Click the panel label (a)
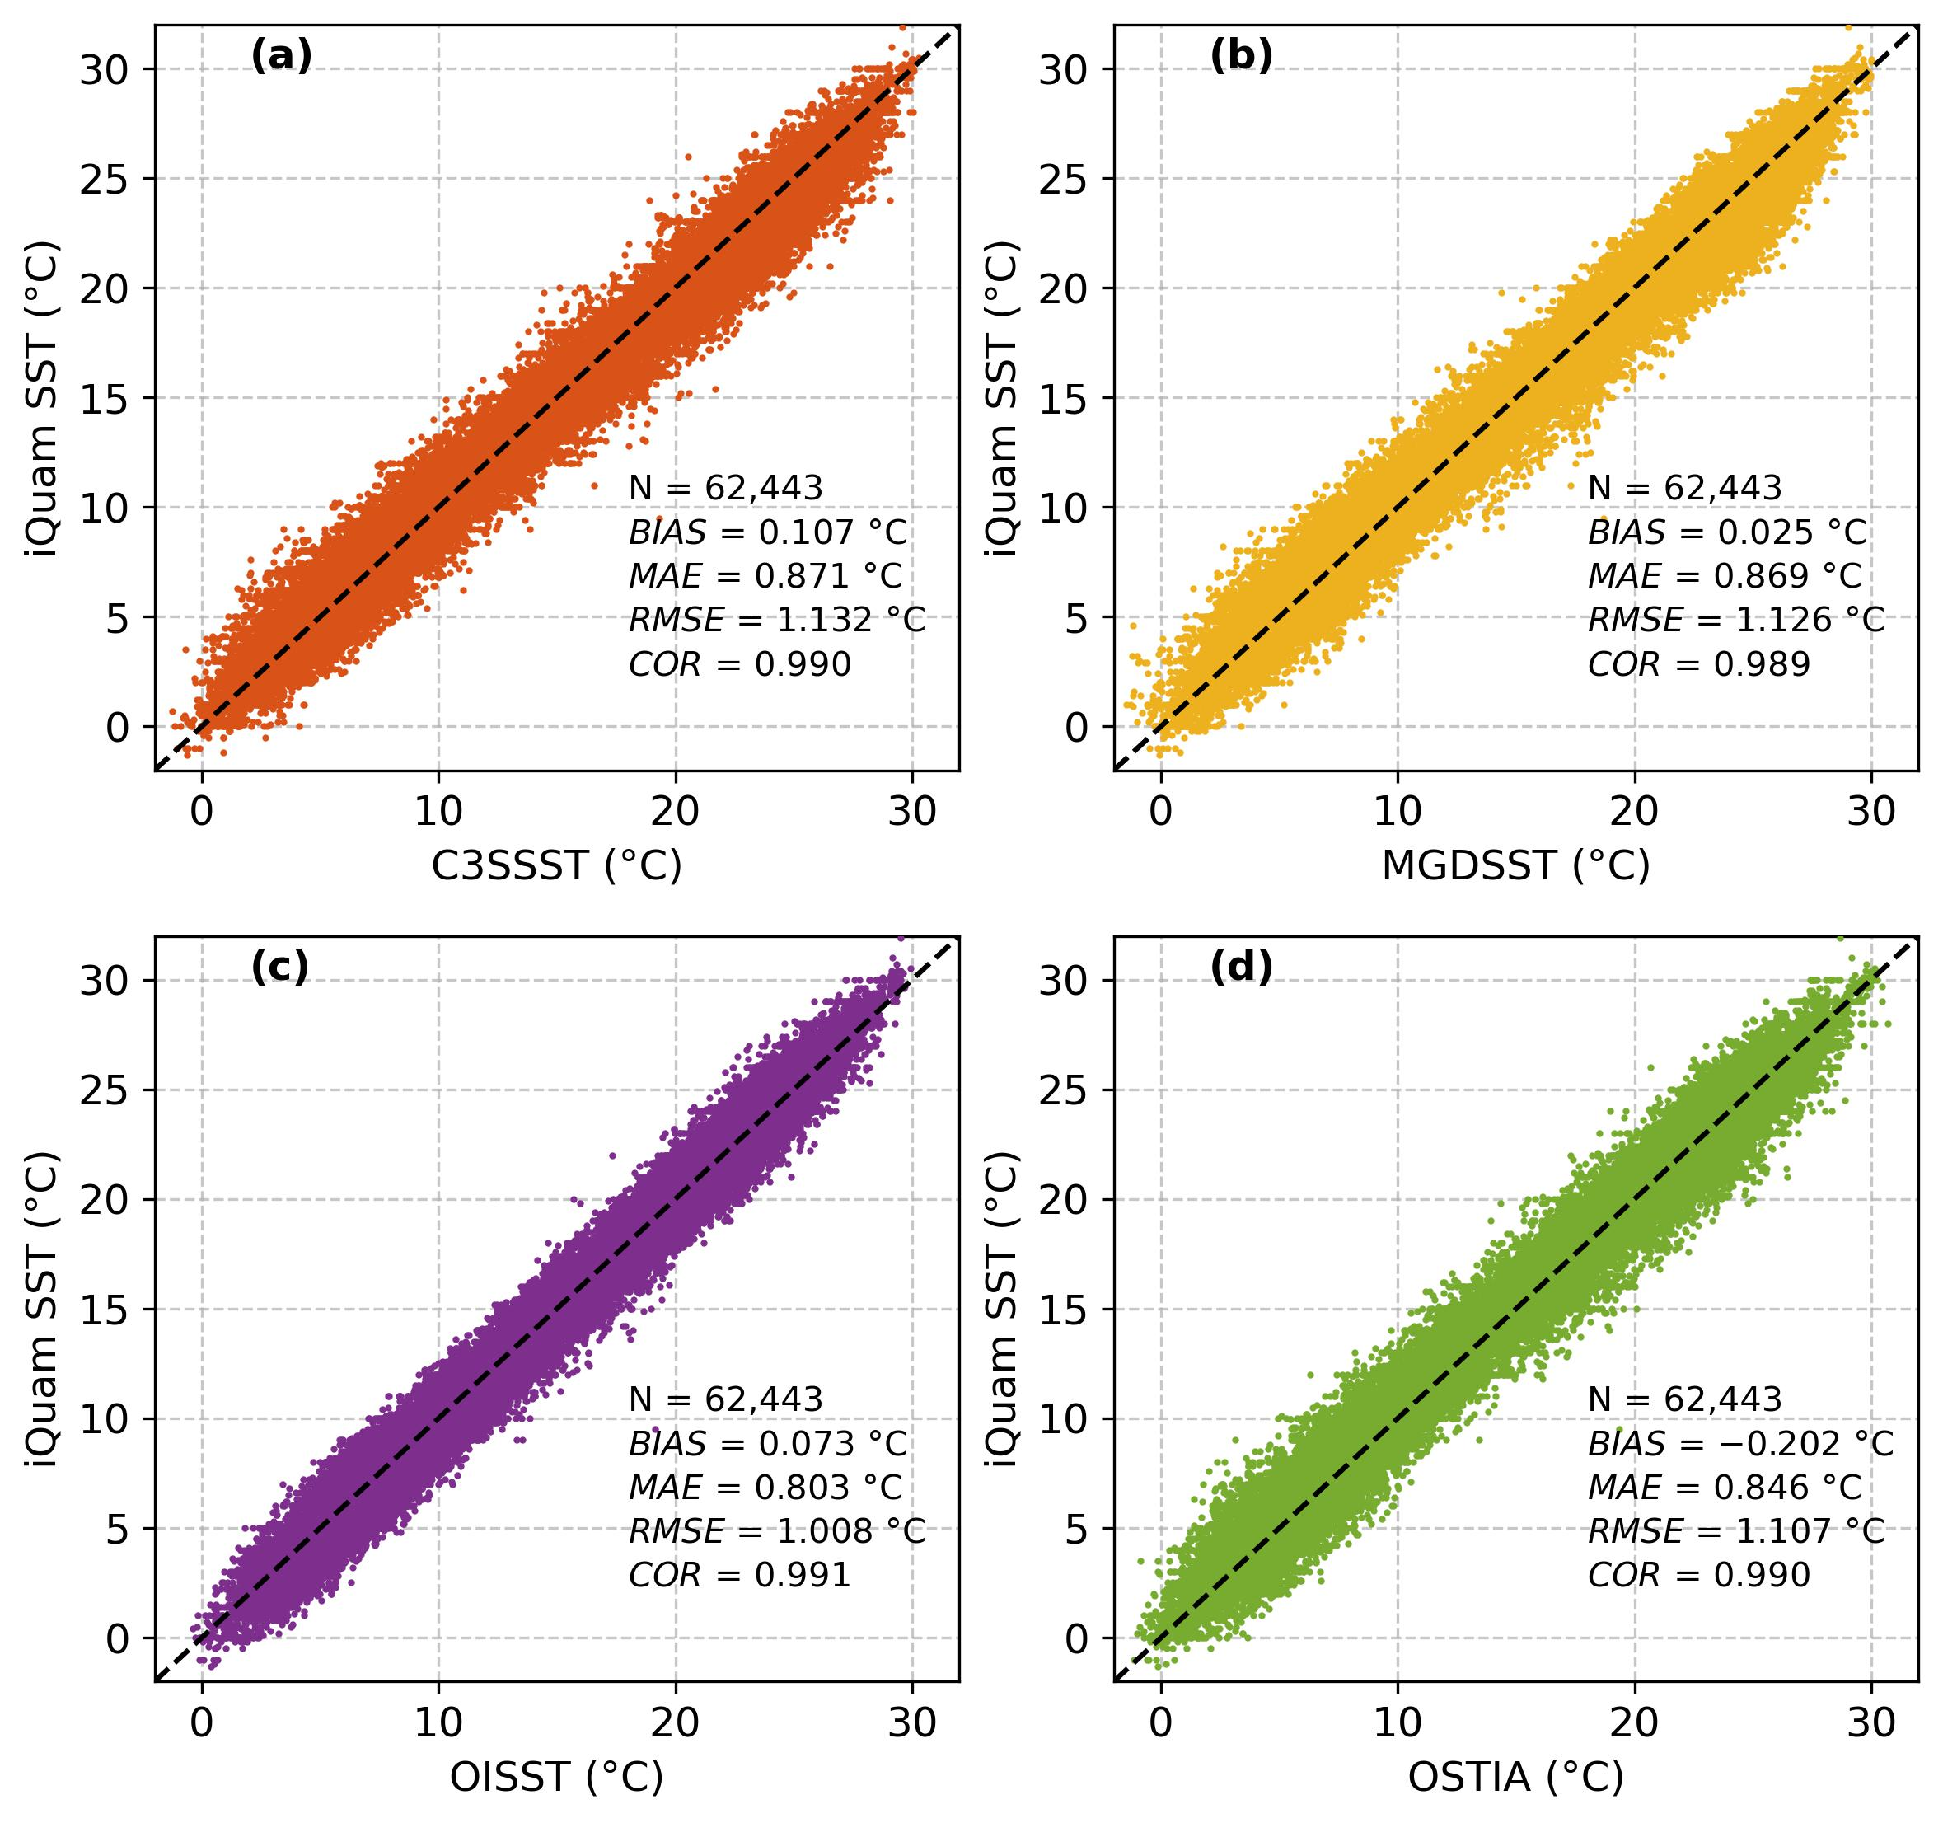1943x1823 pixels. [x=282, y=57]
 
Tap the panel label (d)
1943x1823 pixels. [x=1241, y=968]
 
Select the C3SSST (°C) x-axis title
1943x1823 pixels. [x=556, y=865]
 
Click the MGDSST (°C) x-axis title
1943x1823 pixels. [x=1515, y=865]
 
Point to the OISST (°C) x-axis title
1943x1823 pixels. [x=556, y=1776]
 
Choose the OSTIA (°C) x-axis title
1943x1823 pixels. [x=1515, y=1776]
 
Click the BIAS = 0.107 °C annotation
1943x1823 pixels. [x=768, y=532]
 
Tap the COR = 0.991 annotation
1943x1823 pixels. [x=740, y=1575]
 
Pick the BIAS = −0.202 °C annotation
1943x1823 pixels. [x=1740, y=1444]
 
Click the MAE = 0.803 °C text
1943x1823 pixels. [x=766, y=1487]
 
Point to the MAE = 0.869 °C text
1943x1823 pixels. [x=1725, y=576]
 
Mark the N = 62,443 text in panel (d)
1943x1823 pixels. [x=1685, y=1399]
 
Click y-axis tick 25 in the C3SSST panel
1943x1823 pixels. [x=111, y=179]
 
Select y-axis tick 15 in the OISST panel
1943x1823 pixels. [x=111, y=1309]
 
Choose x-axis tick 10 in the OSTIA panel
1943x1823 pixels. [x=1397, y=1723]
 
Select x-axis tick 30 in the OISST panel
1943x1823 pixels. [x=912, y=1723]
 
